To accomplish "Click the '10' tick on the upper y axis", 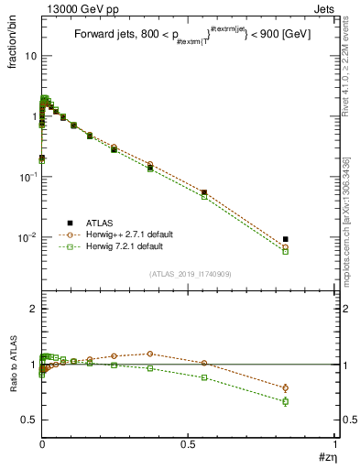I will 30,56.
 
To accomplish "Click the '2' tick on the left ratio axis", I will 32,309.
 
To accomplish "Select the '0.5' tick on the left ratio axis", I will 28,420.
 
